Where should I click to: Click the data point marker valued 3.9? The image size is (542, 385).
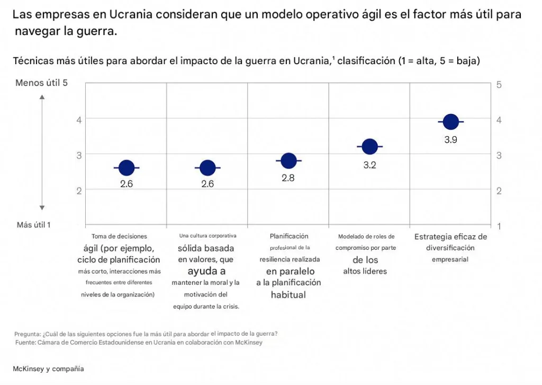(450, 122)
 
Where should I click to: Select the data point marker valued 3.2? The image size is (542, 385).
(369, 146)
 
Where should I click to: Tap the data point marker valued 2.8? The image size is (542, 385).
(288, 161)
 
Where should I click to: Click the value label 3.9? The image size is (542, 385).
(450, 140)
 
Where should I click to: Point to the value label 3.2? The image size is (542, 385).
(369, 165)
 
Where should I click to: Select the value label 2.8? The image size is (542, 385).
(288, 178)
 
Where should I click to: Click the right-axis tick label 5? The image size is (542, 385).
(499, 84)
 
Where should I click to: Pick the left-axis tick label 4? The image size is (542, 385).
(79, 120)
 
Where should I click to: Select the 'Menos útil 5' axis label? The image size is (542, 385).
(41, 83)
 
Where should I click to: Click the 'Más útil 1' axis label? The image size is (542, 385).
(34, 225)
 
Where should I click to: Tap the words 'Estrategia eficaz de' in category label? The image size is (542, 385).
(450, 237)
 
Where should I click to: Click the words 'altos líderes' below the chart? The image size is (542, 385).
(365, 272)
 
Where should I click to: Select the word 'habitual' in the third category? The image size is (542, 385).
(288, 294)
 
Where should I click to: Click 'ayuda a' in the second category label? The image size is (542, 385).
(206, 271)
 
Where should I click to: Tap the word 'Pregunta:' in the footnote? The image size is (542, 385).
(26, 334)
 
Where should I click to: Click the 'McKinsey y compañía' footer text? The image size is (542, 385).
(49, 369)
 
